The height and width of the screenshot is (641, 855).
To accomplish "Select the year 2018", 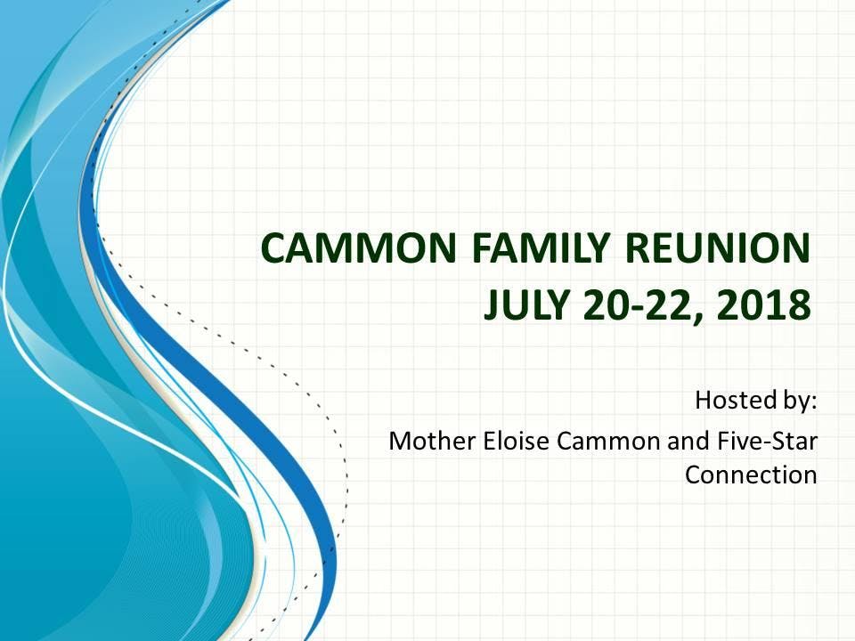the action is [x=763, y=304].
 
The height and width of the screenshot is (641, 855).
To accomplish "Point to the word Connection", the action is [x=751, y=475].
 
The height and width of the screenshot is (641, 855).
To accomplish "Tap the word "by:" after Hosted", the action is [x=798, y=402].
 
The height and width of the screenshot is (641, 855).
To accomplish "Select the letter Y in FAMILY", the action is [x=596, y=247].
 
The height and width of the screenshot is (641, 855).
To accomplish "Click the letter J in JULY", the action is [x=492, y=304].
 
